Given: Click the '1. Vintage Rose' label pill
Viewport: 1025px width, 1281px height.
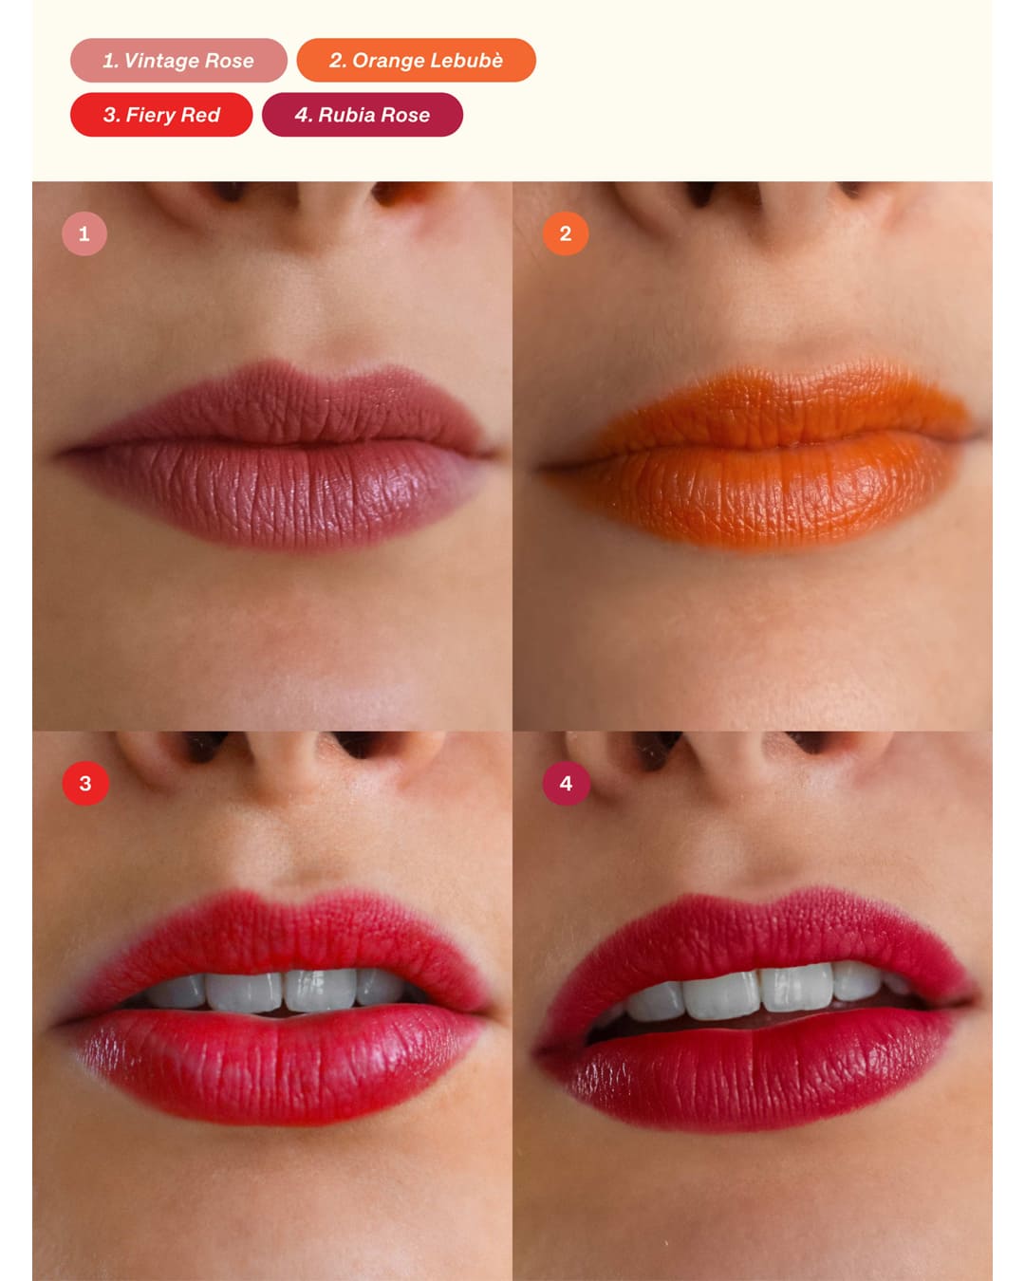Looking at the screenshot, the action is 178,60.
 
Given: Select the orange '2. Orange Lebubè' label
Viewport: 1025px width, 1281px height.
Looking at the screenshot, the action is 416,60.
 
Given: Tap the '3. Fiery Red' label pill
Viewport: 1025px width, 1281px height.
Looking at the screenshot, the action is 160,114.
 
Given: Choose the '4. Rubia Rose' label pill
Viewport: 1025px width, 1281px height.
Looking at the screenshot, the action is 363,114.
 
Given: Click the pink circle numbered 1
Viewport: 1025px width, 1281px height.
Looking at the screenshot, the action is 84,233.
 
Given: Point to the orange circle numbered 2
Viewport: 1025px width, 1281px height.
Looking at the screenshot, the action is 566,233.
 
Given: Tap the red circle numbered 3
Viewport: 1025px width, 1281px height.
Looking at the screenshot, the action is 85,784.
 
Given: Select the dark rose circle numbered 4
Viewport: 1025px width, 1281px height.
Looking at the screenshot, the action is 566,784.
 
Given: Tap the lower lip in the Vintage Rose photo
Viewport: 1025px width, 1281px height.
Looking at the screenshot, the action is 280,494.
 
